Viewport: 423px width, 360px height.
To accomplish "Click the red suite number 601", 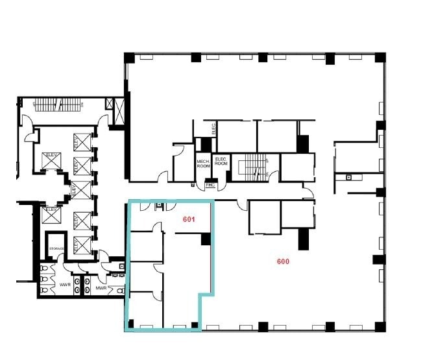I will pos(189,220).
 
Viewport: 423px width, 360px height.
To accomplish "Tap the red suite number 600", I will pos(283,261).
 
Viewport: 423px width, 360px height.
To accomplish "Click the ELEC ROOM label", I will pos(221,162).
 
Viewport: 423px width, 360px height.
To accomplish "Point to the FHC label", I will pos(210,185).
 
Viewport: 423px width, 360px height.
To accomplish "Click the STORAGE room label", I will pos(56,249).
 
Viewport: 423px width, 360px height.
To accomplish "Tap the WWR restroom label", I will pos(65,285).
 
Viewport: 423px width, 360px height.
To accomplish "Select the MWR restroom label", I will pos(101,287).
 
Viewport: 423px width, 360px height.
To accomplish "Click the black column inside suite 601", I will pos(206,239).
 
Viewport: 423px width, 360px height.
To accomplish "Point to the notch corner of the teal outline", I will pos(199,296).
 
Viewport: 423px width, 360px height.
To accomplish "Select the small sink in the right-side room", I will pos(349,176).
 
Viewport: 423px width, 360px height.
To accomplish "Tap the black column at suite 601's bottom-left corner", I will pos(130,323).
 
